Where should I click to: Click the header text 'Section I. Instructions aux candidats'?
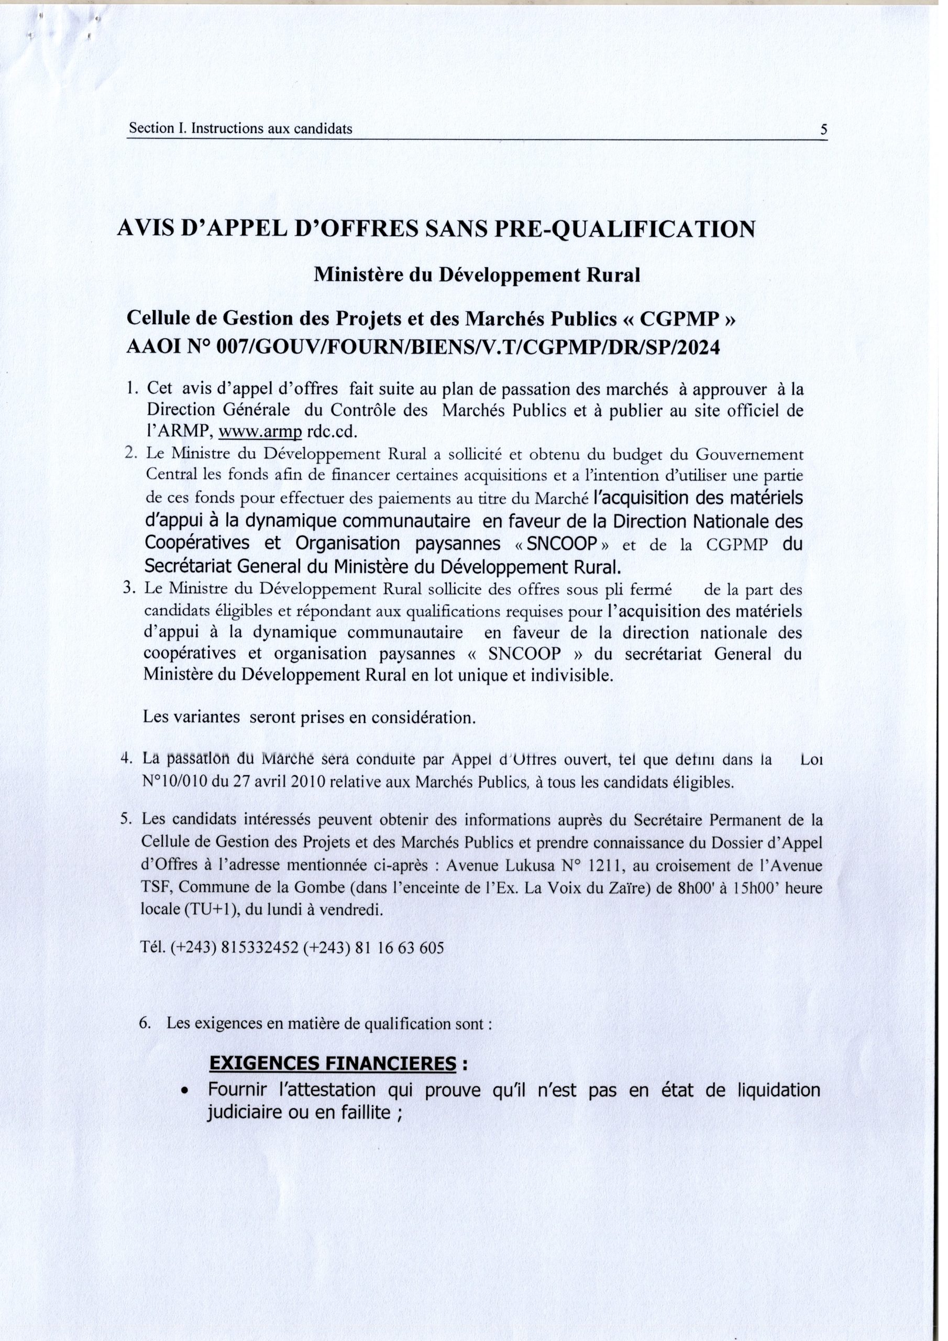[240, 128]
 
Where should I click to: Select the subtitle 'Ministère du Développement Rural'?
[477, 274]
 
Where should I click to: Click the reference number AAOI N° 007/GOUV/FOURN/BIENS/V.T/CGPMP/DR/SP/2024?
[424, 347]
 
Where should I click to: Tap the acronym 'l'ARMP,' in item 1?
[178, 432]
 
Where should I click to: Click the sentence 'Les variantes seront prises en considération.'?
[310, 717]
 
